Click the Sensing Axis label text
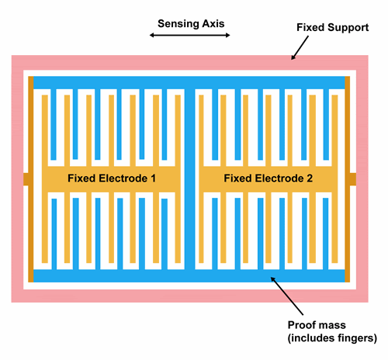pos(191,23)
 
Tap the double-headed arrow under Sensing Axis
pos(191,36)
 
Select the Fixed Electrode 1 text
pos(112,178)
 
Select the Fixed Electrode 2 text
pos(268,178)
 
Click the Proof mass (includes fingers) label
pos(331,331)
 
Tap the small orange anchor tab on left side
pos(28,179)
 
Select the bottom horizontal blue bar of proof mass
pos(190,276)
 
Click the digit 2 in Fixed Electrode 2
pos(309,178)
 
